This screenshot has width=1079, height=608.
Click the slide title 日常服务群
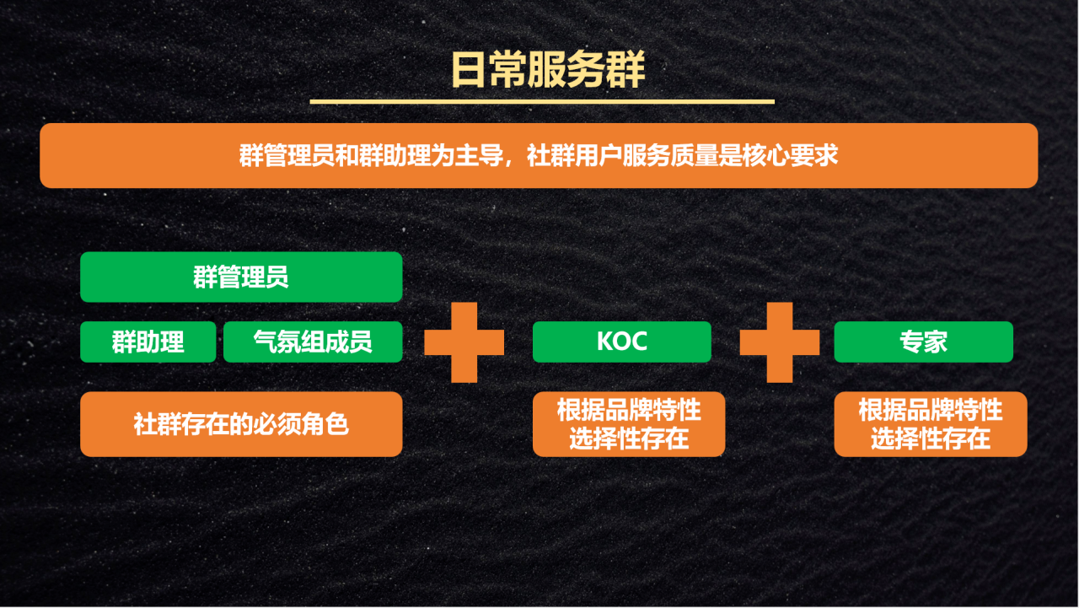pyautogui.click(x=548, y=70)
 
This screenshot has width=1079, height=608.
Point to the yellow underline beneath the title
pyautogui.click(x=542, y=102)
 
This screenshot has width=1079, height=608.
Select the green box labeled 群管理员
pyautogui.click(x=241, y=277)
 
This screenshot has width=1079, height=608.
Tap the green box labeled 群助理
pyautogui.click(x=148, y=342)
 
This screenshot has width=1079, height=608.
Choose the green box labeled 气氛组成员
pyautogui.click(x=313, y=342)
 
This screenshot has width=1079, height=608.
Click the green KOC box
pyautogui.click(x=622, y=342)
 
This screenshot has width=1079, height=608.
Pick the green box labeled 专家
pyautogui.click(x=923, y=342)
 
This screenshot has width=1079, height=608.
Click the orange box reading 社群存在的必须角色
pyautogui.click(x=241, y=424)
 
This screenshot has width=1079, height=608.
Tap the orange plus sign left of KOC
pyautogui.click(x=464, y=342)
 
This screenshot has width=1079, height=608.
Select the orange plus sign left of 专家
pyautogui.click(x=780, y=342)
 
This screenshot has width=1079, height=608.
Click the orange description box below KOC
pyautogui.click(x=629, y=424)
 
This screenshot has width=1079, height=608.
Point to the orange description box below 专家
pyautogui.click(x=931, y=424)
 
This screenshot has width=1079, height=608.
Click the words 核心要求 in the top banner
pyautogui.click(x=790, y=156)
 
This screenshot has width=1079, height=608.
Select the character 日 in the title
pyautogui.click(x=468, y=70)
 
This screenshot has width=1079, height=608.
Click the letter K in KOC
pyautogui.click(x=604, y=341)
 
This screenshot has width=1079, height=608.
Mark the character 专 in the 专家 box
pyautogui.click(x=911, y=342)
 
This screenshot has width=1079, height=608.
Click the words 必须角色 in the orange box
pyautogui.click(x=301, y=424)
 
